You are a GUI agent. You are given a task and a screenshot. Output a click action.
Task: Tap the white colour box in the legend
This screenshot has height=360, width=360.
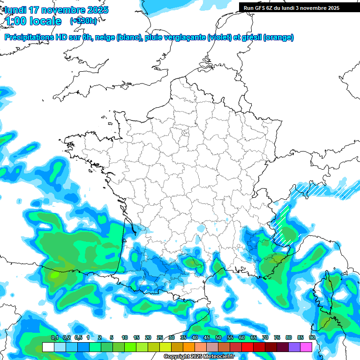(48, 347)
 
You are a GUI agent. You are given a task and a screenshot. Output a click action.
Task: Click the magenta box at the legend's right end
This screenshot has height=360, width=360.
(306, 347)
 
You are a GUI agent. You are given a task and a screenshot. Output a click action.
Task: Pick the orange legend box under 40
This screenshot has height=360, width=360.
(189, 347)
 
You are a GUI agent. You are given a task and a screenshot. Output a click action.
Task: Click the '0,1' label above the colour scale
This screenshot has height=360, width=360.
(54, 337)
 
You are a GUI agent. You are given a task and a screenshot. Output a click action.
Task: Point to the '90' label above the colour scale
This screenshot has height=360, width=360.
(312, 337)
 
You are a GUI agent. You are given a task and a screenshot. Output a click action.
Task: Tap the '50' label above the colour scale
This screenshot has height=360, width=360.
(218, 337)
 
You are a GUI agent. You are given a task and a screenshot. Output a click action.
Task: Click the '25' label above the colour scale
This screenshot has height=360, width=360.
(159, 337)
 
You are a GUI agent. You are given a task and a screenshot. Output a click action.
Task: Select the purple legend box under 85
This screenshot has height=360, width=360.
(294, 347)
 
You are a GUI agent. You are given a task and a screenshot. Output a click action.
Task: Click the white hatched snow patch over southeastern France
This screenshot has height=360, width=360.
(283, 228)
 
